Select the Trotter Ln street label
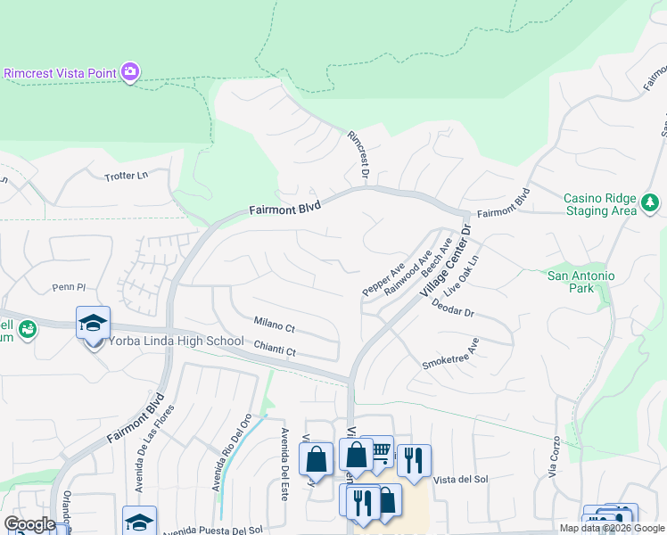[125, 177]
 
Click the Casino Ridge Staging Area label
[601, 204]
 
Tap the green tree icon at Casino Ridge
[651, 204]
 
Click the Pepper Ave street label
[384, 279]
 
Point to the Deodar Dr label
[452, 309]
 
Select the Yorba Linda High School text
[176, 341]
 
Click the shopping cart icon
[380, 452]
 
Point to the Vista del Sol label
[460, 480]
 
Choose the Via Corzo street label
[555, 456]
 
